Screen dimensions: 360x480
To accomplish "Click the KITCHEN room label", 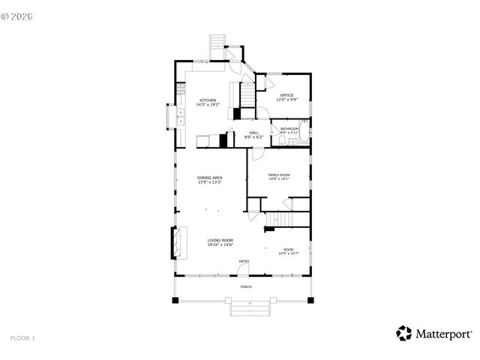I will (208, 100).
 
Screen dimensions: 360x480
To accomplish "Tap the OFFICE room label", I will (286, 95).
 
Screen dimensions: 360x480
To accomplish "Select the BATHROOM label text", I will (289, 129).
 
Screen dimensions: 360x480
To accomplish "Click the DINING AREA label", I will (209, 178).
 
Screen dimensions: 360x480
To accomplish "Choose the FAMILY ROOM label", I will (279, 175).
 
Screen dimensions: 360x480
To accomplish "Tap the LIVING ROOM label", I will (220, 241).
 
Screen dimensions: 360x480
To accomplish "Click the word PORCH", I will (245, 287).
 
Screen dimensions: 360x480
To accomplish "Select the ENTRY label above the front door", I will (244, 261).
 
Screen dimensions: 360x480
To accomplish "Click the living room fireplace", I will (176, 241).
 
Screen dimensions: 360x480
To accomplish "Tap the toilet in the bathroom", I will (277, 139).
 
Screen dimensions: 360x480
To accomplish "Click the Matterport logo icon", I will (404, 333).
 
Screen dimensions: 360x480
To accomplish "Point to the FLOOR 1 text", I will (22, 338).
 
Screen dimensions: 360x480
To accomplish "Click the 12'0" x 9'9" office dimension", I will (286, 100).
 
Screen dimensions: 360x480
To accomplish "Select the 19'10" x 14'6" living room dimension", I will (220, 245).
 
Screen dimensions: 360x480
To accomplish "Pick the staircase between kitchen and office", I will (247, 94).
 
